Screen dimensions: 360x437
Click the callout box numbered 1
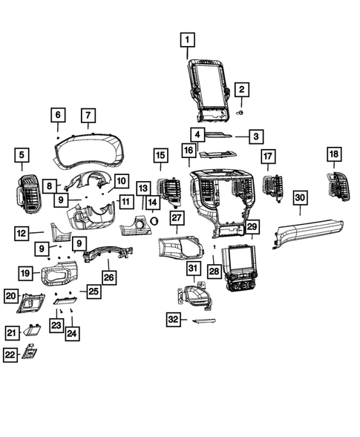pyautogui.click(x=187, y=40)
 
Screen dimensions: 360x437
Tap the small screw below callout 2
pyautogui.click(x=240, y=112)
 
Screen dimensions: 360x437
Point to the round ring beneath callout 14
pyautogui.click(x=154, y=221)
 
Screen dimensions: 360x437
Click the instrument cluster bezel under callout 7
pyautogui.click(x=89, y=152)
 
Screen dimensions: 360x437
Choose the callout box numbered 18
pyautogui.click(x=334, y=154)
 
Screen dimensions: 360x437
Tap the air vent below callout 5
pyautogui.click(x=29, y=194)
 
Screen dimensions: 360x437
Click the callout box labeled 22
pyautogui.click(x=10, y=355)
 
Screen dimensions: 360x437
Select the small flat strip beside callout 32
pyautogui.click(x=204, y=321)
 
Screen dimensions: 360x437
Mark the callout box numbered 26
pyautogui.click(x=109, y=277)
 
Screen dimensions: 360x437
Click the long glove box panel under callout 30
pyautogui.click(x=307, y=233)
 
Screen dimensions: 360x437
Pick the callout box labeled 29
pyautogui.click(x=252, y=226)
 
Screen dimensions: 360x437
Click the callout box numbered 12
pyautogui.click(x=22, y=233)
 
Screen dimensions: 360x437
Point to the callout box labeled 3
pyautogui.click(x=256, y=137)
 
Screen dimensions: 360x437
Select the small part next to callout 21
pyautogui.click(x=31, y=330)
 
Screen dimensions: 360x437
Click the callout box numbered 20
pyautogui.click(x=11, y=296)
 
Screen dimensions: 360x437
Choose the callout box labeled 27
pyautogui.click(x=177, y=218)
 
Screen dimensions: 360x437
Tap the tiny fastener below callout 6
pyautogui.click(x=58, y=138)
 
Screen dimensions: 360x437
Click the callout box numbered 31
pyautogui.click(x=193, y=269)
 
